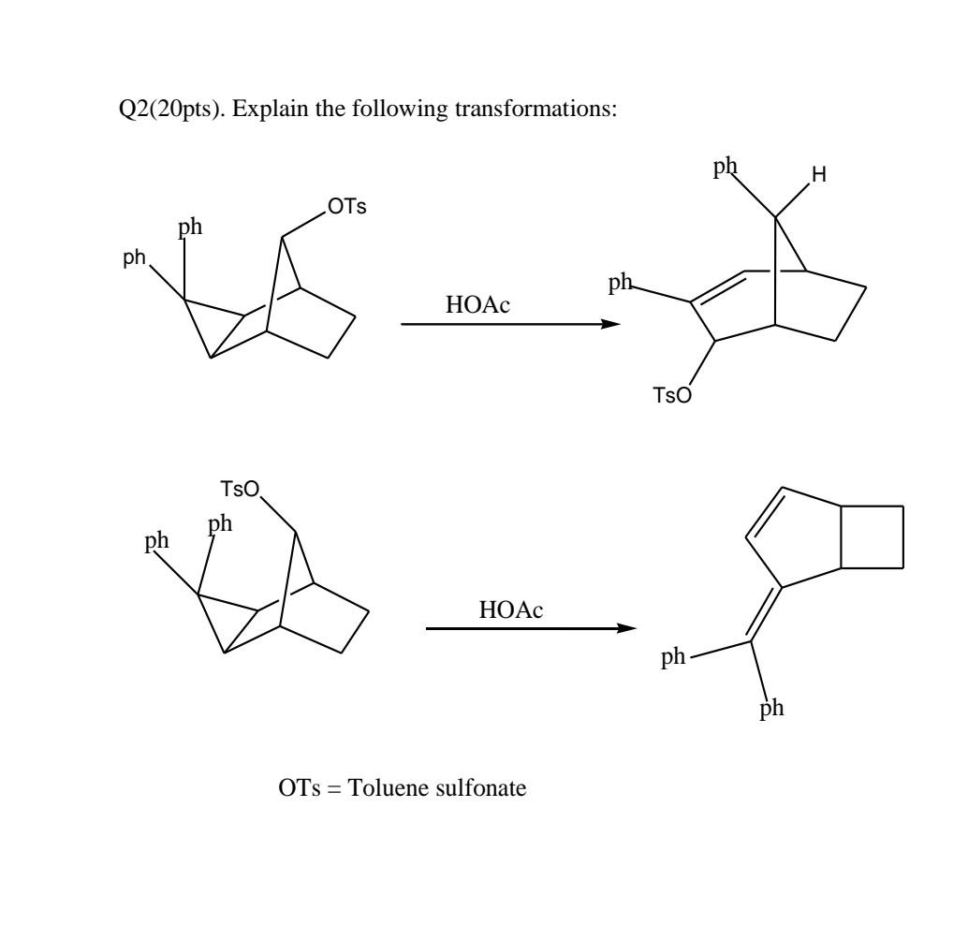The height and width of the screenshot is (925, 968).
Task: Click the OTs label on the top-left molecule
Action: pyautogui.click(x=346, y=207)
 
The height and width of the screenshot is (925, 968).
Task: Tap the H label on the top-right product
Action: pyautogui.click(x=819, y=174)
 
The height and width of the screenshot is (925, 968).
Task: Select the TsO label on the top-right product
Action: pyautogui.click(x=673, y=396)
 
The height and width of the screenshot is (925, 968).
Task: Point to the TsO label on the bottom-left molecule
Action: pyautogui.click(x=240, y=490)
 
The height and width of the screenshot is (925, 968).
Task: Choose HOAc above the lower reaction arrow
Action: pyautogui.click(x=510, y=610)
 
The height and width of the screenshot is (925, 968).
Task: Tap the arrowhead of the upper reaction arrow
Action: pyautogui.click(x=610, y=324)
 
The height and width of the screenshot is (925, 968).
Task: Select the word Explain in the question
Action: pyautogui.click(x=265, y=110)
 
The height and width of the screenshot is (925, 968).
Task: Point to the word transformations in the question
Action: pyautogui.click(x=544, y=110)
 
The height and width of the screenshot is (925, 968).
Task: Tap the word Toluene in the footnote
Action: pyautogui.click(x=388, y=788)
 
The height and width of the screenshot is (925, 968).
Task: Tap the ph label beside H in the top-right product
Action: pyautogui.click(x=725, y=167)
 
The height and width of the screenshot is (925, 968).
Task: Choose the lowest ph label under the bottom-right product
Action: pyautogui.click(x=771, y=709)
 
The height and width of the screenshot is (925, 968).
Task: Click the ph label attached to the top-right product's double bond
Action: pyautogui.click(x=621, y=284)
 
